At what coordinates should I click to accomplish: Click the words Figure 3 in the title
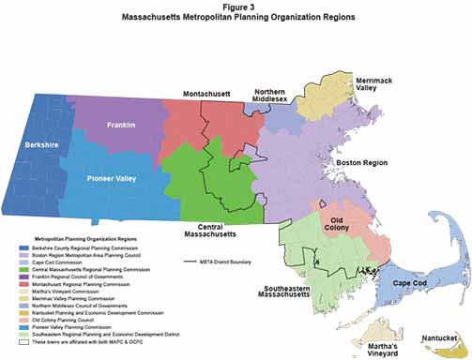point(236,7)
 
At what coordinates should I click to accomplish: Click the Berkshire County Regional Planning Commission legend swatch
point(23,247)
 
